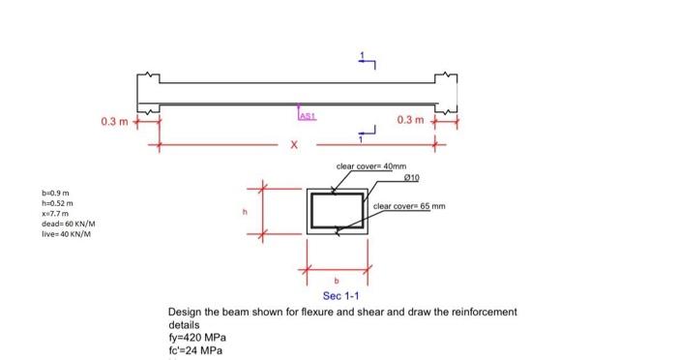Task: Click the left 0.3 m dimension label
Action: pyautogui.click(x=114, y=121)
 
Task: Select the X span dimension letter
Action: pyautogui.click(x=295, y=146)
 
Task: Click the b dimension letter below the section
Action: pyautogui.click(x=337, y=282)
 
